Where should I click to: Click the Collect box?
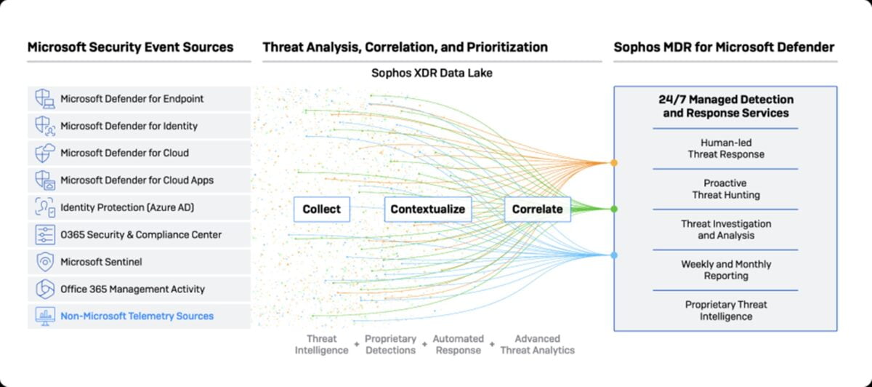point(321,210)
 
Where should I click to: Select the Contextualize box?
point(428,210)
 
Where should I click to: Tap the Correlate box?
point(537,210)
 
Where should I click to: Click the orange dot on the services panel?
point(614,163)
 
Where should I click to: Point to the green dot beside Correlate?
point(614,210)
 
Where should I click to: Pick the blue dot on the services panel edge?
point(614,255)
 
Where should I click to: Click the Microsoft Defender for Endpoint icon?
point(45,99)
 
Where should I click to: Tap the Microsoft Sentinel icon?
point(45,262)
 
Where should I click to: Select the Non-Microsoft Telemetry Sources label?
point(137,316)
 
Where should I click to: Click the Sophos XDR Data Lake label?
point(432,73)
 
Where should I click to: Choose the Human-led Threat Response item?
point(726,148)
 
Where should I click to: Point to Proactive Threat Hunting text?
point(726,189)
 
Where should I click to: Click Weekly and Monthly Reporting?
point(726,270)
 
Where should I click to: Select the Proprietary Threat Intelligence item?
point(726,310)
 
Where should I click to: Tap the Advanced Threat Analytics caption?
point(537,345)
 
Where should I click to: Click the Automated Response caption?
point(459,345)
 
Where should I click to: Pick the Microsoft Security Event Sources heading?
point(130,47)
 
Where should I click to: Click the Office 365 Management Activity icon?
point(45,289)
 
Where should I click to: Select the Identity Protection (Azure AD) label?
point(127,207)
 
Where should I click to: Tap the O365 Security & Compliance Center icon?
point(45,235)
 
